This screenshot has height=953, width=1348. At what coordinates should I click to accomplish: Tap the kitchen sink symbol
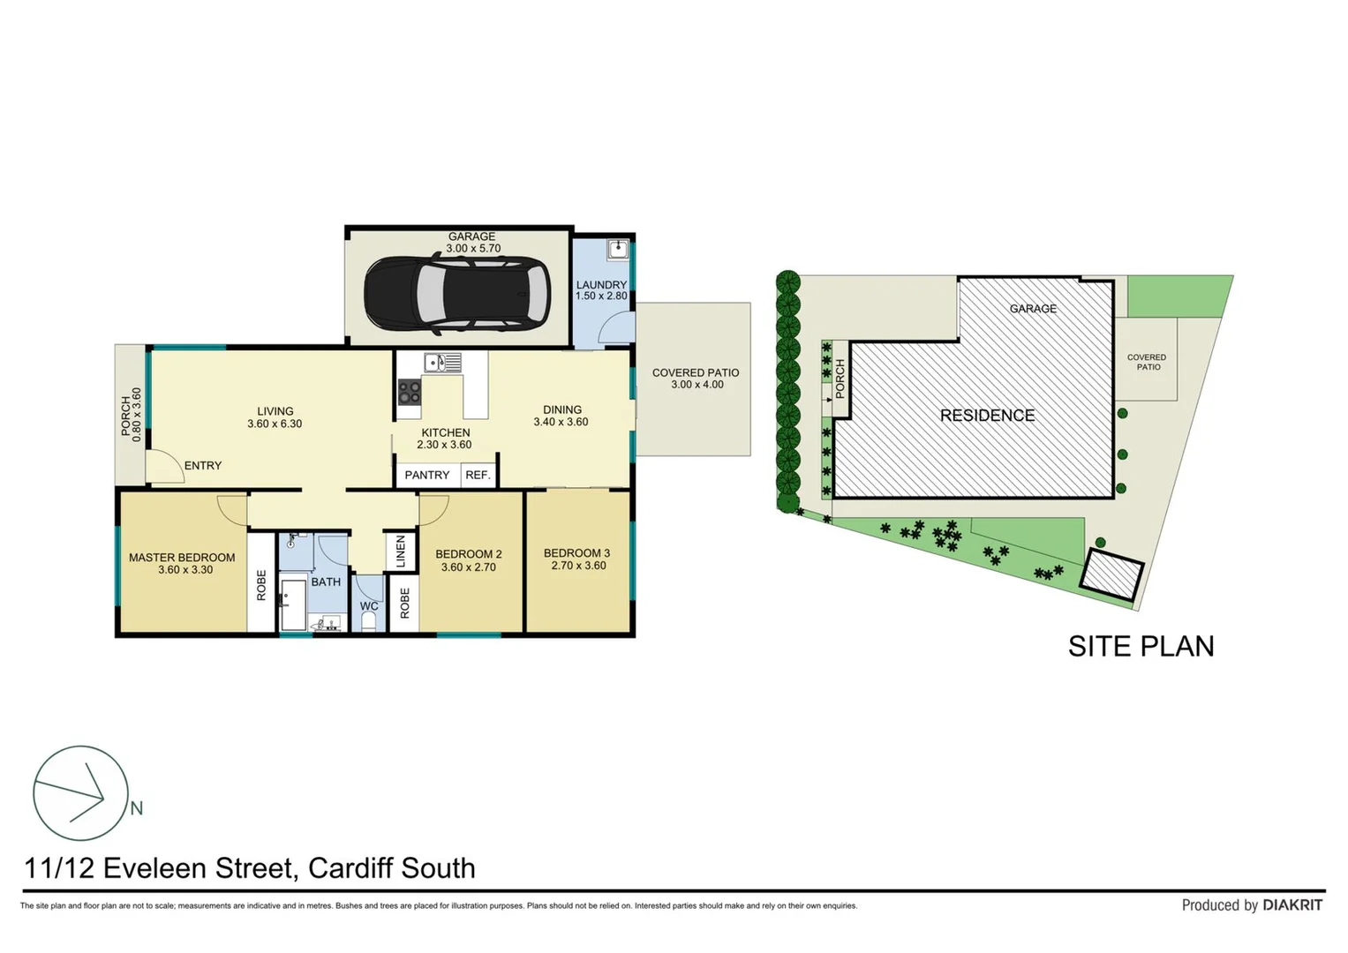click(x=442, y=362)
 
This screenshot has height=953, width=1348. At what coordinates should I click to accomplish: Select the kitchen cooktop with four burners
click(x=409, y=392)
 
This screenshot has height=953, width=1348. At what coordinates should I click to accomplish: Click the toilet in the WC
click(x=369, y=621)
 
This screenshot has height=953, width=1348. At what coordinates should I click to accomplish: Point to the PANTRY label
click(x=427, y=475)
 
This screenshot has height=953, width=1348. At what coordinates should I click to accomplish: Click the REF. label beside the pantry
click(x=478, y=475)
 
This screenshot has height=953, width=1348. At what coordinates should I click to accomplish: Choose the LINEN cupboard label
click(x=400, y=552)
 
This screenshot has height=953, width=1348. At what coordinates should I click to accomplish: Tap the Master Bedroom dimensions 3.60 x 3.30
click(x=185, y=570)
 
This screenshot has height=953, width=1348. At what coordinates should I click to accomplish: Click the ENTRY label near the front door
click(x=203, y=466)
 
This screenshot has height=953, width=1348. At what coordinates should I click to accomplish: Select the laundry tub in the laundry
click(x=617, y=249)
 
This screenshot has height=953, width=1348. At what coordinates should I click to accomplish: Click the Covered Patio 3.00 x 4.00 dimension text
click(x=697, y=385)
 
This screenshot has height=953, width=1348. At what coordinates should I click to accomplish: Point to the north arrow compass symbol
click(x=80, y=793)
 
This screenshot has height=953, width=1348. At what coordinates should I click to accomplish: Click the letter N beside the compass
click(x=137, y=808)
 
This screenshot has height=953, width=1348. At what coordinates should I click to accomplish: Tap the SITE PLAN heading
click(x=1141, y=646)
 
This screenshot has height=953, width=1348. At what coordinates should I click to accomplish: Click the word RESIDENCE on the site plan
click(x=987, y=416)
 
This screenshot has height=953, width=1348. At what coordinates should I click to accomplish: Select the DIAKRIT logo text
click(x=1292, y=904)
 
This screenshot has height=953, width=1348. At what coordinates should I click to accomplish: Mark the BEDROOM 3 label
click(x=576, y=553)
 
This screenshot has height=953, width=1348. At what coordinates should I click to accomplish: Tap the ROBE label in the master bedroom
click(x=261, y=585)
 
